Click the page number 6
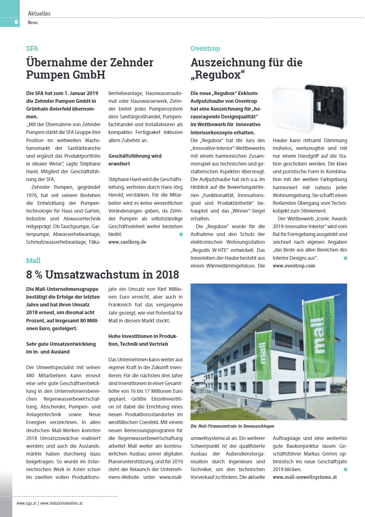pos(16,22)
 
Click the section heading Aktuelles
pos(39,14)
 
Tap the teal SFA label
pos(32,48)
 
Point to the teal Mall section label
pos(33,261)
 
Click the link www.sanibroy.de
pos(127,242)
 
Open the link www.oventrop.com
pos(294,266)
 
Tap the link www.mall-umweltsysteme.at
pos(304,477)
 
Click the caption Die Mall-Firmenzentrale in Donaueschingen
pos(232,426)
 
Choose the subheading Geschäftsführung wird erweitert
pos(135,160)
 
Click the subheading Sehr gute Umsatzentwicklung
pos(61,348)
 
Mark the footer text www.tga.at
pos(27,503)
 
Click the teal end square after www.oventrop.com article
pos(345,258)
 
